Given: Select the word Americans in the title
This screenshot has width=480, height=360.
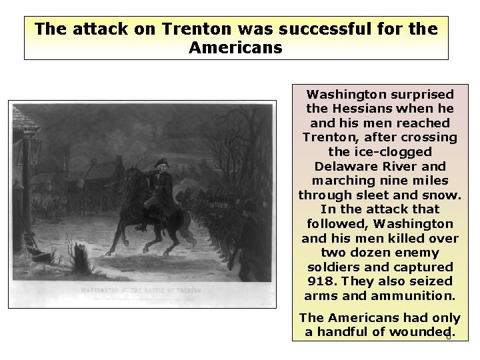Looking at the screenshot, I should click(236, 48).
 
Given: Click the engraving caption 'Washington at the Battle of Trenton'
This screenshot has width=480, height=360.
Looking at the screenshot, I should click(141, 290).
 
